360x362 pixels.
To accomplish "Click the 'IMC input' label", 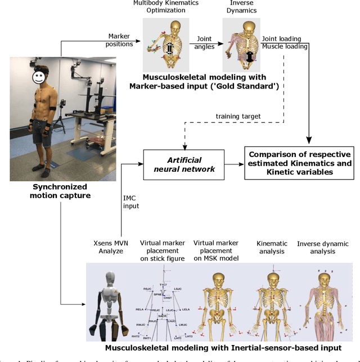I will [131, 202].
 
